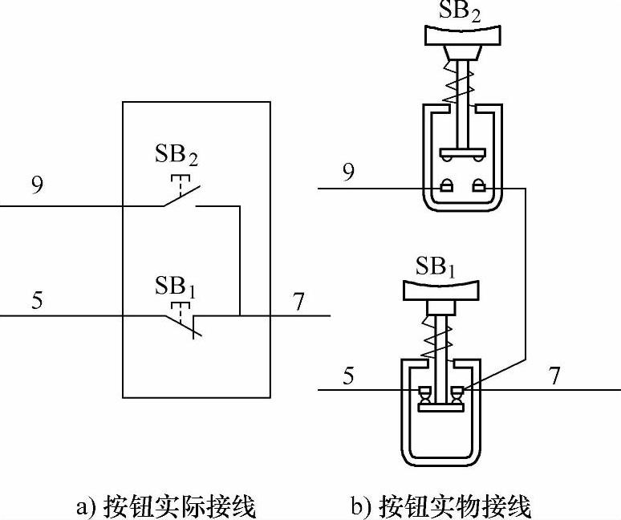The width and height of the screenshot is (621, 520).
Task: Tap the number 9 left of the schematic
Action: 38,185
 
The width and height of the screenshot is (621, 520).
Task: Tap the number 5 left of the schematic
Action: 38,303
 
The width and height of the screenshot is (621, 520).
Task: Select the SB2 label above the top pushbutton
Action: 459,10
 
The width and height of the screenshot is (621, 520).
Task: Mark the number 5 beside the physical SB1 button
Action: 348,376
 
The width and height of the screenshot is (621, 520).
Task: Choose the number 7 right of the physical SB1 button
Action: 554,376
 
